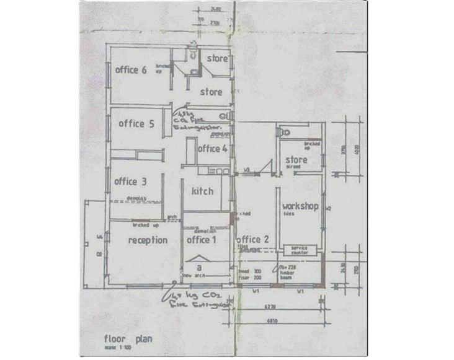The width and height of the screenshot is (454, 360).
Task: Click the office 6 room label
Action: (131, 69)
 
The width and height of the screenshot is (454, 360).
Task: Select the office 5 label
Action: (135, 123)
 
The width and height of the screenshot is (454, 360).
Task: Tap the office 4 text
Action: (212, 149)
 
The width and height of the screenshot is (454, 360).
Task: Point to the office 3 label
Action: (130, 182)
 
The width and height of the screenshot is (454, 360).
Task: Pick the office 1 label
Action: (202, 239)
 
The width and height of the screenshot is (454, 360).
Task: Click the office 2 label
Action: (252, 240)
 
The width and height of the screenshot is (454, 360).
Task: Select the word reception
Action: (148, 239)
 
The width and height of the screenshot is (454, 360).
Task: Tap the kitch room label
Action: (202, 191)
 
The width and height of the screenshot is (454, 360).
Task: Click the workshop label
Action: (300, 205)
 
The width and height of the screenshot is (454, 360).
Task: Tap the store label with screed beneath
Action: (296, 161)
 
